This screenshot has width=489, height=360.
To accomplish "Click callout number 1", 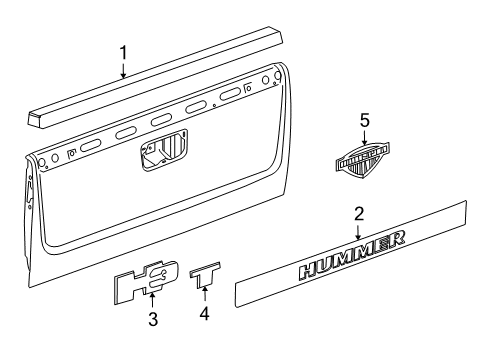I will (123, 52).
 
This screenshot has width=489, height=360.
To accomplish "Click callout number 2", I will (358, 214).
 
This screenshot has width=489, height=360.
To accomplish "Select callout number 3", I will (153, 321).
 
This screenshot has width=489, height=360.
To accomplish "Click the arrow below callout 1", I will (123, 69).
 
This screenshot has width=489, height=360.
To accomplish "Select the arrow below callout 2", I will (358, 230).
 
